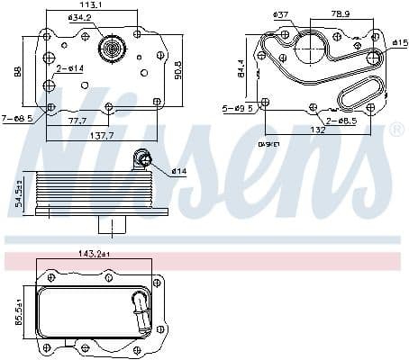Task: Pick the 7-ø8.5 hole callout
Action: [17, 118]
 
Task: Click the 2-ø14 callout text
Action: [69, 68]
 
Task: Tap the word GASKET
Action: [270, 143]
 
